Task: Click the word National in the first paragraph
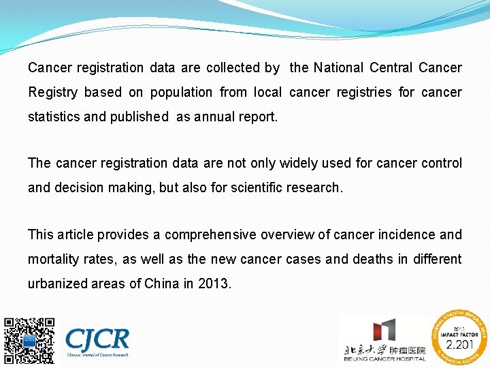click(338, 67)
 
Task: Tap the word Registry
click(52, 92)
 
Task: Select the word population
click(181, 92)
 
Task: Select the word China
click(162, 283)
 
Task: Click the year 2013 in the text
click(214, 283)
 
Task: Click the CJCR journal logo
click(97, 341)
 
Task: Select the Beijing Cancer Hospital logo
click(385, 341)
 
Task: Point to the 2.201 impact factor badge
click(459, 339)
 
